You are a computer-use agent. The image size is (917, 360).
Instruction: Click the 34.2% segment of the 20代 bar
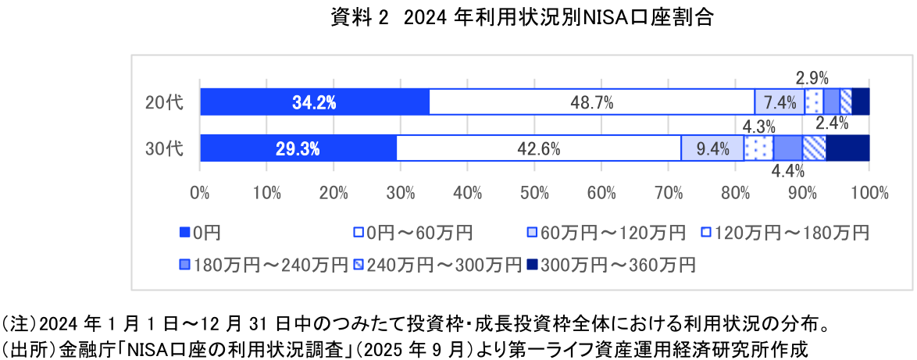tap(315, 102)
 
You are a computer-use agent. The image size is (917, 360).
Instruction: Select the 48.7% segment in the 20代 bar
tap(592, 102)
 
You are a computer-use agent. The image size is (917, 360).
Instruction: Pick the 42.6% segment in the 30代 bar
tap(539, 148)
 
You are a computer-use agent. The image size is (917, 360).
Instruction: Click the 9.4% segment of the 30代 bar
tap(712, 148)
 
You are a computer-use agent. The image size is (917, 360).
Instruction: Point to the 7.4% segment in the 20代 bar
tap(780, 102)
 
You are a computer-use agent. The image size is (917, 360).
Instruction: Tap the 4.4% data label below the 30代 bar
tap(787, 171)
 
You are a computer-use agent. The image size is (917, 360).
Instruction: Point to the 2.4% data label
tap(833, 123)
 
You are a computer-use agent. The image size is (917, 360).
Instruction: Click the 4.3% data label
tap(758, 126)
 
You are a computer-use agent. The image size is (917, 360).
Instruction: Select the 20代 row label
tap(164, 102)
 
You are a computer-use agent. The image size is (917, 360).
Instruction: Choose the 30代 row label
tap(164, 148)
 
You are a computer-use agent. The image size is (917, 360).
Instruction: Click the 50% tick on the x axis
tap(535, 193)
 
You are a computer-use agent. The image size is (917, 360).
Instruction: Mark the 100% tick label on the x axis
tap(869, 193)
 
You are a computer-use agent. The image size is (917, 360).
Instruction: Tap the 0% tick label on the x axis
tap(200, 193)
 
